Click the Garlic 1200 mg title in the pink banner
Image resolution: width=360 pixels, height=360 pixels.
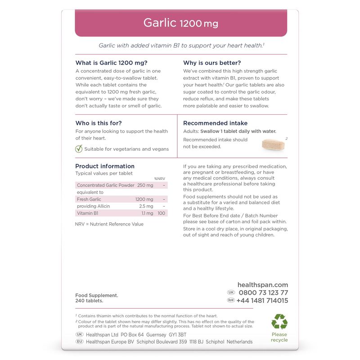tap(180, 22)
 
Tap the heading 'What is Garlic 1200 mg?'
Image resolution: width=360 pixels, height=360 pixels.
tap(111, 63)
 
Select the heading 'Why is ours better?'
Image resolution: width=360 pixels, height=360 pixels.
tap(212, 63)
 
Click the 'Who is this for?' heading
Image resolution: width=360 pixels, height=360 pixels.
tap(99, 123)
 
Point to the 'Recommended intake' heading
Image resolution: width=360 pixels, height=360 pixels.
tap(215, 123)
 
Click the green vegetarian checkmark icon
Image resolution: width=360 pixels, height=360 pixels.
tap(79, 149)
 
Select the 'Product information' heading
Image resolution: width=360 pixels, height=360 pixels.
tap(105, 166)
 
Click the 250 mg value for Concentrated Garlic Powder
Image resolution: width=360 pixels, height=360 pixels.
tap(145, 185)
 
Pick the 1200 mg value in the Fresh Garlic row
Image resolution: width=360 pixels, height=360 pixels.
tap(144, 199)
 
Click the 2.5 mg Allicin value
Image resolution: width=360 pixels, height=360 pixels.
tap(146, 206)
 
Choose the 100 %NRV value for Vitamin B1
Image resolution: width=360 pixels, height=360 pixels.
tap(162, 213)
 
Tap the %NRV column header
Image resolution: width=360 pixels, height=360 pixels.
tap(160, 179)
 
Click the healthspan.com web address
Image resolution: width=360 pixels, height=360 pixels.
tap(263, 285)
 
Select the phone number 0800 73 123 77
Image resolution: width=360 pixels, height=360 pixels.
tap(263, 292)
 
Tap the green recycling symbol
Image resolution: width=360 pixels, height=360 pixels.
tap(279, 322)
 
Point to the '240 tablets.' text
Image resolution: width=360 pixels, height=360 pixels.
tap(89, 301)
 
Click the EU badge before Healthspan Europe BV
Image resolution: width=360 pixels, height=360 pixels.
tap(79, 342)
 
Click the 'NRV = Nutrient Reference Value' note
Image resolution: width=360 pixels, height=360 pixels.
tap(109, 224)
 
